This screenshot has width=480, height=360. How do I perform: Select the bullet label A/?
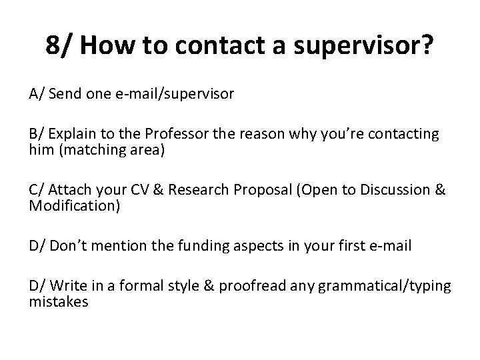36,95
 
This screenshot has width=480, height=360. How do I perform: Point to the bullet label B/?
36,134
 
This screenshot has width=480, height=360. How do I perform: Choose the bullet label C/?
36,190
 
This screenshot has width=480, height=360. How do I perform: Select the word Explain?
71,134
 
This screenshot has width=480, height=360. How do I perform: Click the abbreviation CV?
127,190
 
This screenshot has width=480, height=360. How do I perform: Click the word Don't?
71,246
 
